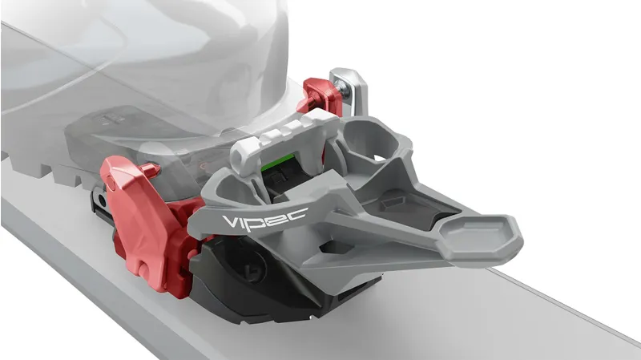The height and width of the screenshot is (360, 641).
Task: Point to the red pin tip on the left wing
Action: (x=150, y=167)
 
